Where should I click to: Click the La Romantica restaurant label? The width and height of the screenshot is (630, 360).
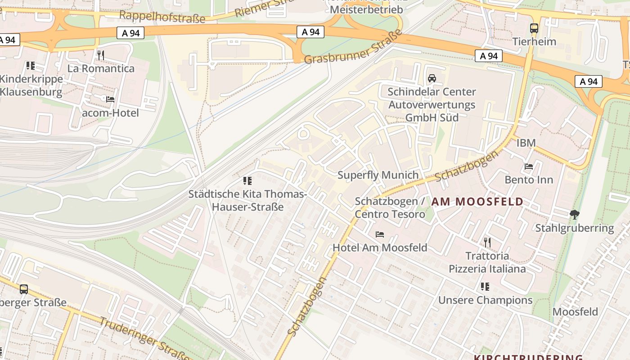coord(101,68)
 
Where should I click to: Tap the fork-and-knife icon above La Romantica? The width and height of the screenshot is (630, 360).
coord(101,55)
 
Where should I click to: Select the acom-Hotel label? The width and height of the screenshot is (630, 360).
coord(110,112)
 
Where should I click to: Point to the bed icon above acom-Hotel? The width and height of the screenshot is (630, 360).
coord(110,99)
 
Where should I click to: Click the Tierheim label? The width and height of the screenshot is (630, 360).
coord(534,41)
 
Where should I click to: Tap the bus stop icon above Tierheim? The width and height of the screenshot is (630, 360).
coord(534,28)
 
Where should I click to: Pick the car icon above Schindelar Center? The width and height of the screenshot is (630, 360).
coord(432,78)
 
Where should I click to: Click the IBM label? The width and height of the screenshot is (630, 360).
coord(526,143)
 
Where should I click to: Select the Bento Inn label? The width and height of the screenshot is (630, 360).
coord(529,180)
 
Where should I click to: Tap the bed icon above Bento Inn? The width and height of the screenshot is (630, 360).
coord(529,166)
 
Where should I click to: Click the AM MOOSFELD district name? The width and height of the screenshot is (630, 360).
coord(477,202)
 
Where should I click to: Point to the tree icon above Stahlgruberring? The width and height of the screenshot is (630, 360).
coord(574,215)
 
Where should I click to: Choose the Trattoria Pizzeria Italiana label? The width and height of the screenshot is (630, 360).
coord(487,262)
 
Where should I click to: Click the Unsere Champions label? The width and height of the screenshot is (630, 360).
coord(485,300)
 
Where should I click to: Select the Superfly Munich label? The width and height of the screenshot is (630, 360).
coord(378,175)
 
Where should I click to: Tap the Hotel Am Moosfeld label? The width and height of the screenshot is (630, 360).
coord(380,247)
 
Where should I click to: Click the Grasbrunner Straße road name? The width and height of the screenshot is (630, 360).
coord(353,47)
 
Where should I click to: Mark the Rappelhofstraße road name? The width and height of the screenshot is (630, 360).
coord(162,18)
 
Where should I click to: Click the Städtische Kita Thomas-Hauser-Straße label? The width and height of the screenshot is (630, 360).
coord(247,201)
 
